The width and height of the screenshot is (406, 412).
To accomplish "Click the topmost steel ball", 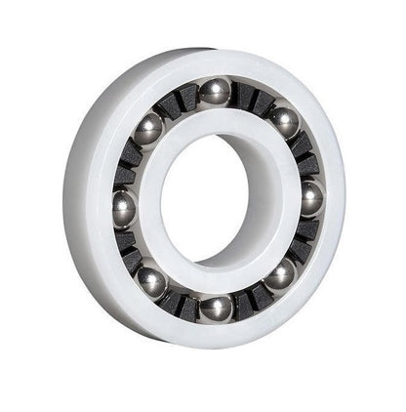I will (215, 92).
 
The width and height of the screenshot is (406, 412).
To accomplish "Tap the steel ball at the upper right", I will (284, 122).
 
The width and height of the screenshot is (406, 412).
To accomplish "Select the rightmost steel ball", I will (311, 198).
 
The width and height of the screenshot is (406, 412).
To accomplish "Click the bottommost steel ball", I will (216, 307).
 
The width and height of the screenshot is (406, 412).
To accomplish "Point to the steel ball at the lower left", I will (150, 281).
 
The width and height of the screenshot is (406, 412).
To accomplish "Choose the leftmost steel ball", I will (124, 208).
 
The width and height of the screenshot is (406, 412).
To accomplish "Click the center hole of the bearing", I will (216, 199).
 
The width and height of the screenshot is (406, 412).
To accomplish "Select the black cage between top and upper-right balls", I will (252, 100).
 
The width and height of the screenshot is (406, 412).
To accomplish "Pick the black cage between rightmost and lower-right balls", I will (304, 238).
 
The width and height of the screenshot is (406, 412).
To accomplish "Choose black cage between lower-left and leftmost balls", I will (131, 248).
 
